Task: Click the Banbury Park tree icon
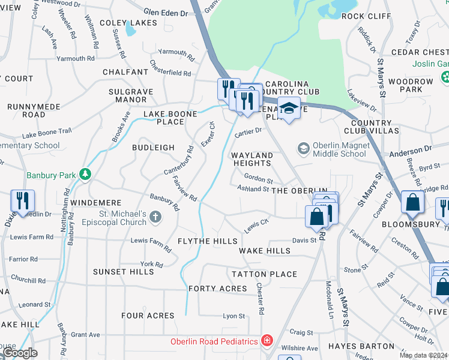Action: tap(86, 175)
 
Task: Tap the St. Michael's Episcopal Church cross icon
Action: tap(155, 217)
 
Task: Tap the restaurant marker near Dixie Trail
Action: tap(22, 201)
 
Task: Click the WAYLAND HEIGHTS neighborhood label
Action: tap(252, 159)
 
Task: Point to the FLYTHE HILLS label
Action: tap(208, 241)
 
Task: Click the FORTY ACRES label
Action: tap(217, 289)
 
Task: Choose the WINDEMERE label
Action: tap(96, 203)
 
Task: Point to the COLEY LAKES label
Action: tap(128, 23)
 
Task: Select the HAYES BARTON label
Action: tap(361, 346)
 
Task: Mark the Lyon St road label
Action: tap(234, 316)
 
